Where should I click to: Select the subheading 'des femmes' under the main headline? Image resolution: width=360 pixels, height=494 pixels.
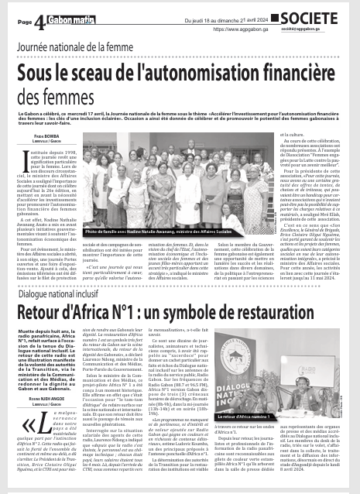click(x=69, y=99)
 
